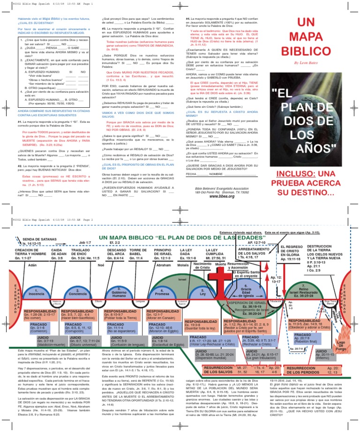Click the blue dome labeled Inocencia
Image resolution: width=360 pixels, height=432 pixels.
pos(36,292)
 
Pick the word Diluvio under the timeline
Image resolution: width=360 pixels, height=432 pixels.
pos(99,301)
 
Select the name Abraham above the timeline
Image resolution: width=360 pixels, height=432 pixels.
pos(164,265)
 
